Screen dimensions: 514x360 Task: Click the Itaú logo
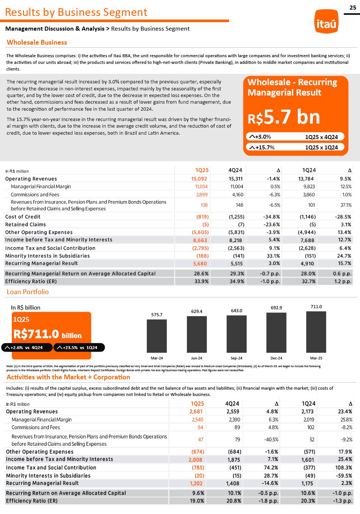point(326,23)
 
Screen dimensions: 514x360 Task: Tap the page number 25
point(353,7)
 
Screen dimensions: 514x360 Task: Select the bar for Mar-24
point(157,335)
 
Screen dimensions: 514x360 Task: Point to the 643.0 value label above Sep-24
point(236,311)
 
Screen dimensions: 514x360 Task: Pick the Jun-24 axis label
point(197,358)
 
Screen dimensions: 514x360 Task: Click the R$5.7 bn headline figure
point(284,117)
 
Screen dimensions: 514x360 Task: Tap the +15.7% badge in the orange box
point(262,147)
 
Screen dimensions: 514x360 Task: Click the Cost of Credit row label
point(23,217)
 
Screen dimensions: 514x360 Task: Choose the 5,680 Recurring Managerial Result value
point(200,263)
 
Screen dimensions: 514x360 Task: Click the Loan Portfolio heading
point(28,292)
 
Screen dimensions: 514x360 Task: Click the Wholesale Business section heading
point(37,42)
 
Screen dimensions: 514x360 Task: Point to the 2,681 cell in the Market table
point(196,411)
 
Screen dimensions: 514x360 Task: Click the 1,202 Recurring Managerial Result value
point(196,483)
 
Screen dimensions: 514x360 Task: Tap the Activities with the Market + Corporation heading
point(68,377)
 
